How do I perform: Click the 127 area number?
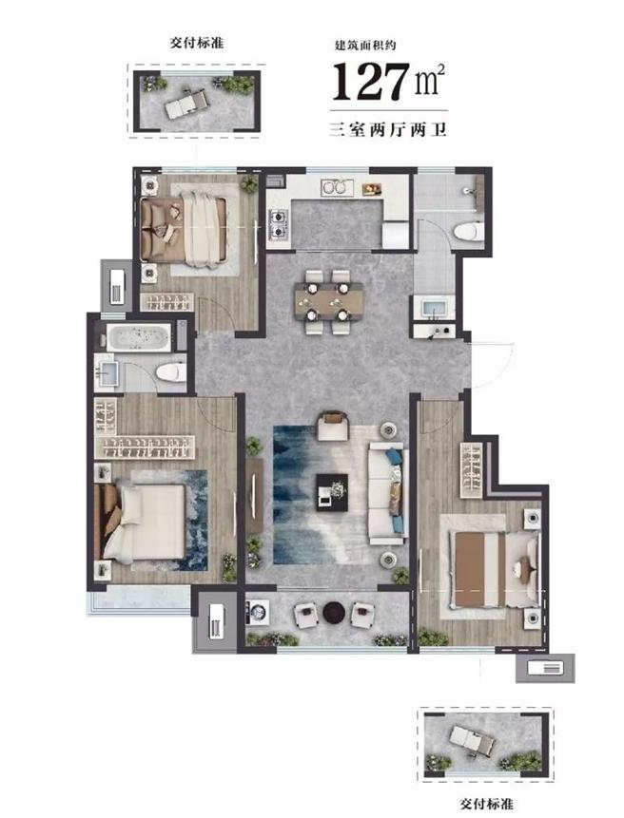tap(371, 81)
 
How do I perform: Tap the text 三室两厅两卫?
tap(388, 129)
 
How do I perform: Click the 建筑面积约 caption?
tap(365, 46)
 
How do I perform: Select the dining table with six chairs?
tap(328, 301)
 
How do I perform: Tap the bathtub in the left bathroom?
tap(138, 337)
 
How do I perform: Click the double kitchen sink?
tap(337, 187)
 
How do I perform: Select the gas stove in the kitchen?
tap(278, 223)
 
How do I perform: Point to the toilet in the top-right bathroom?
tap(468, 232)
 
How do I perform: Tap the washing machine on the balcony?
tap(258, 612)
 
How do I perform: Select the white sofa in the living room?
tap(387, 493)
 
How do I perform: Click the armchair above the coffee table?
tap(333, 426)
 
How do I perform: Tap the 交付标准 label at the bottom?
tap(487, 804)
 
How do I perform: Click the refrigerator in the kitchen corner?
tap(396, 235)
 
